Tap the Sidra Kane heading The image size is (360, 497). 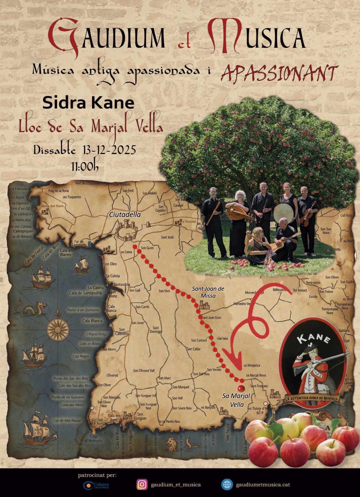pyautogui.click(x=88, y=103)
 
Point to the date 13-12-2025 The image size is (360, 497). pyautogui.click(x=109, y=150)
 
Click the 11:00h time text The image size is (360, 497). pyautogui.click(x=85, y=167)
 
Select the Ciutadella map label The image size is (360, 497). pyautogui.click(x=125, y=215)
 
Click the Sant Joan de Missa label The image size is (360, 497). pyautogui.click(x=208, y=292)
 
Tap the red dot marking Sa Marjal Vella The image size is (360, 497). pyautogui.click(x=241, y=388)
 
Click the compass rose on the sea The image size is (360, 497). pyautogui.click(x=58, y=330)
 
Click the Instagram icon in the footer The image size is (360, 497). pyautogui.click(x=142, y=484)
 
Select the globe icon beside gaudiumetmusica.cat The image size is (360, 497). pyautogui.click(x=227, y=484)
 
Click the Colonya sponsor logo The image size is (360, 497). pyautogui.click(x=96, y=485)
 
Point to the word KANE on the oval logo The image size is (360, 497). pyautogui.click(x=313, y=338)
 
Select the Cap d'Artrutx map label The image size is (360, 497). pyautogui.click(x=93, y=438)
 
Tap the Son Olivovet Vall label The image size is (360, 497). pyautogui.click(x=144, y=371)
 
